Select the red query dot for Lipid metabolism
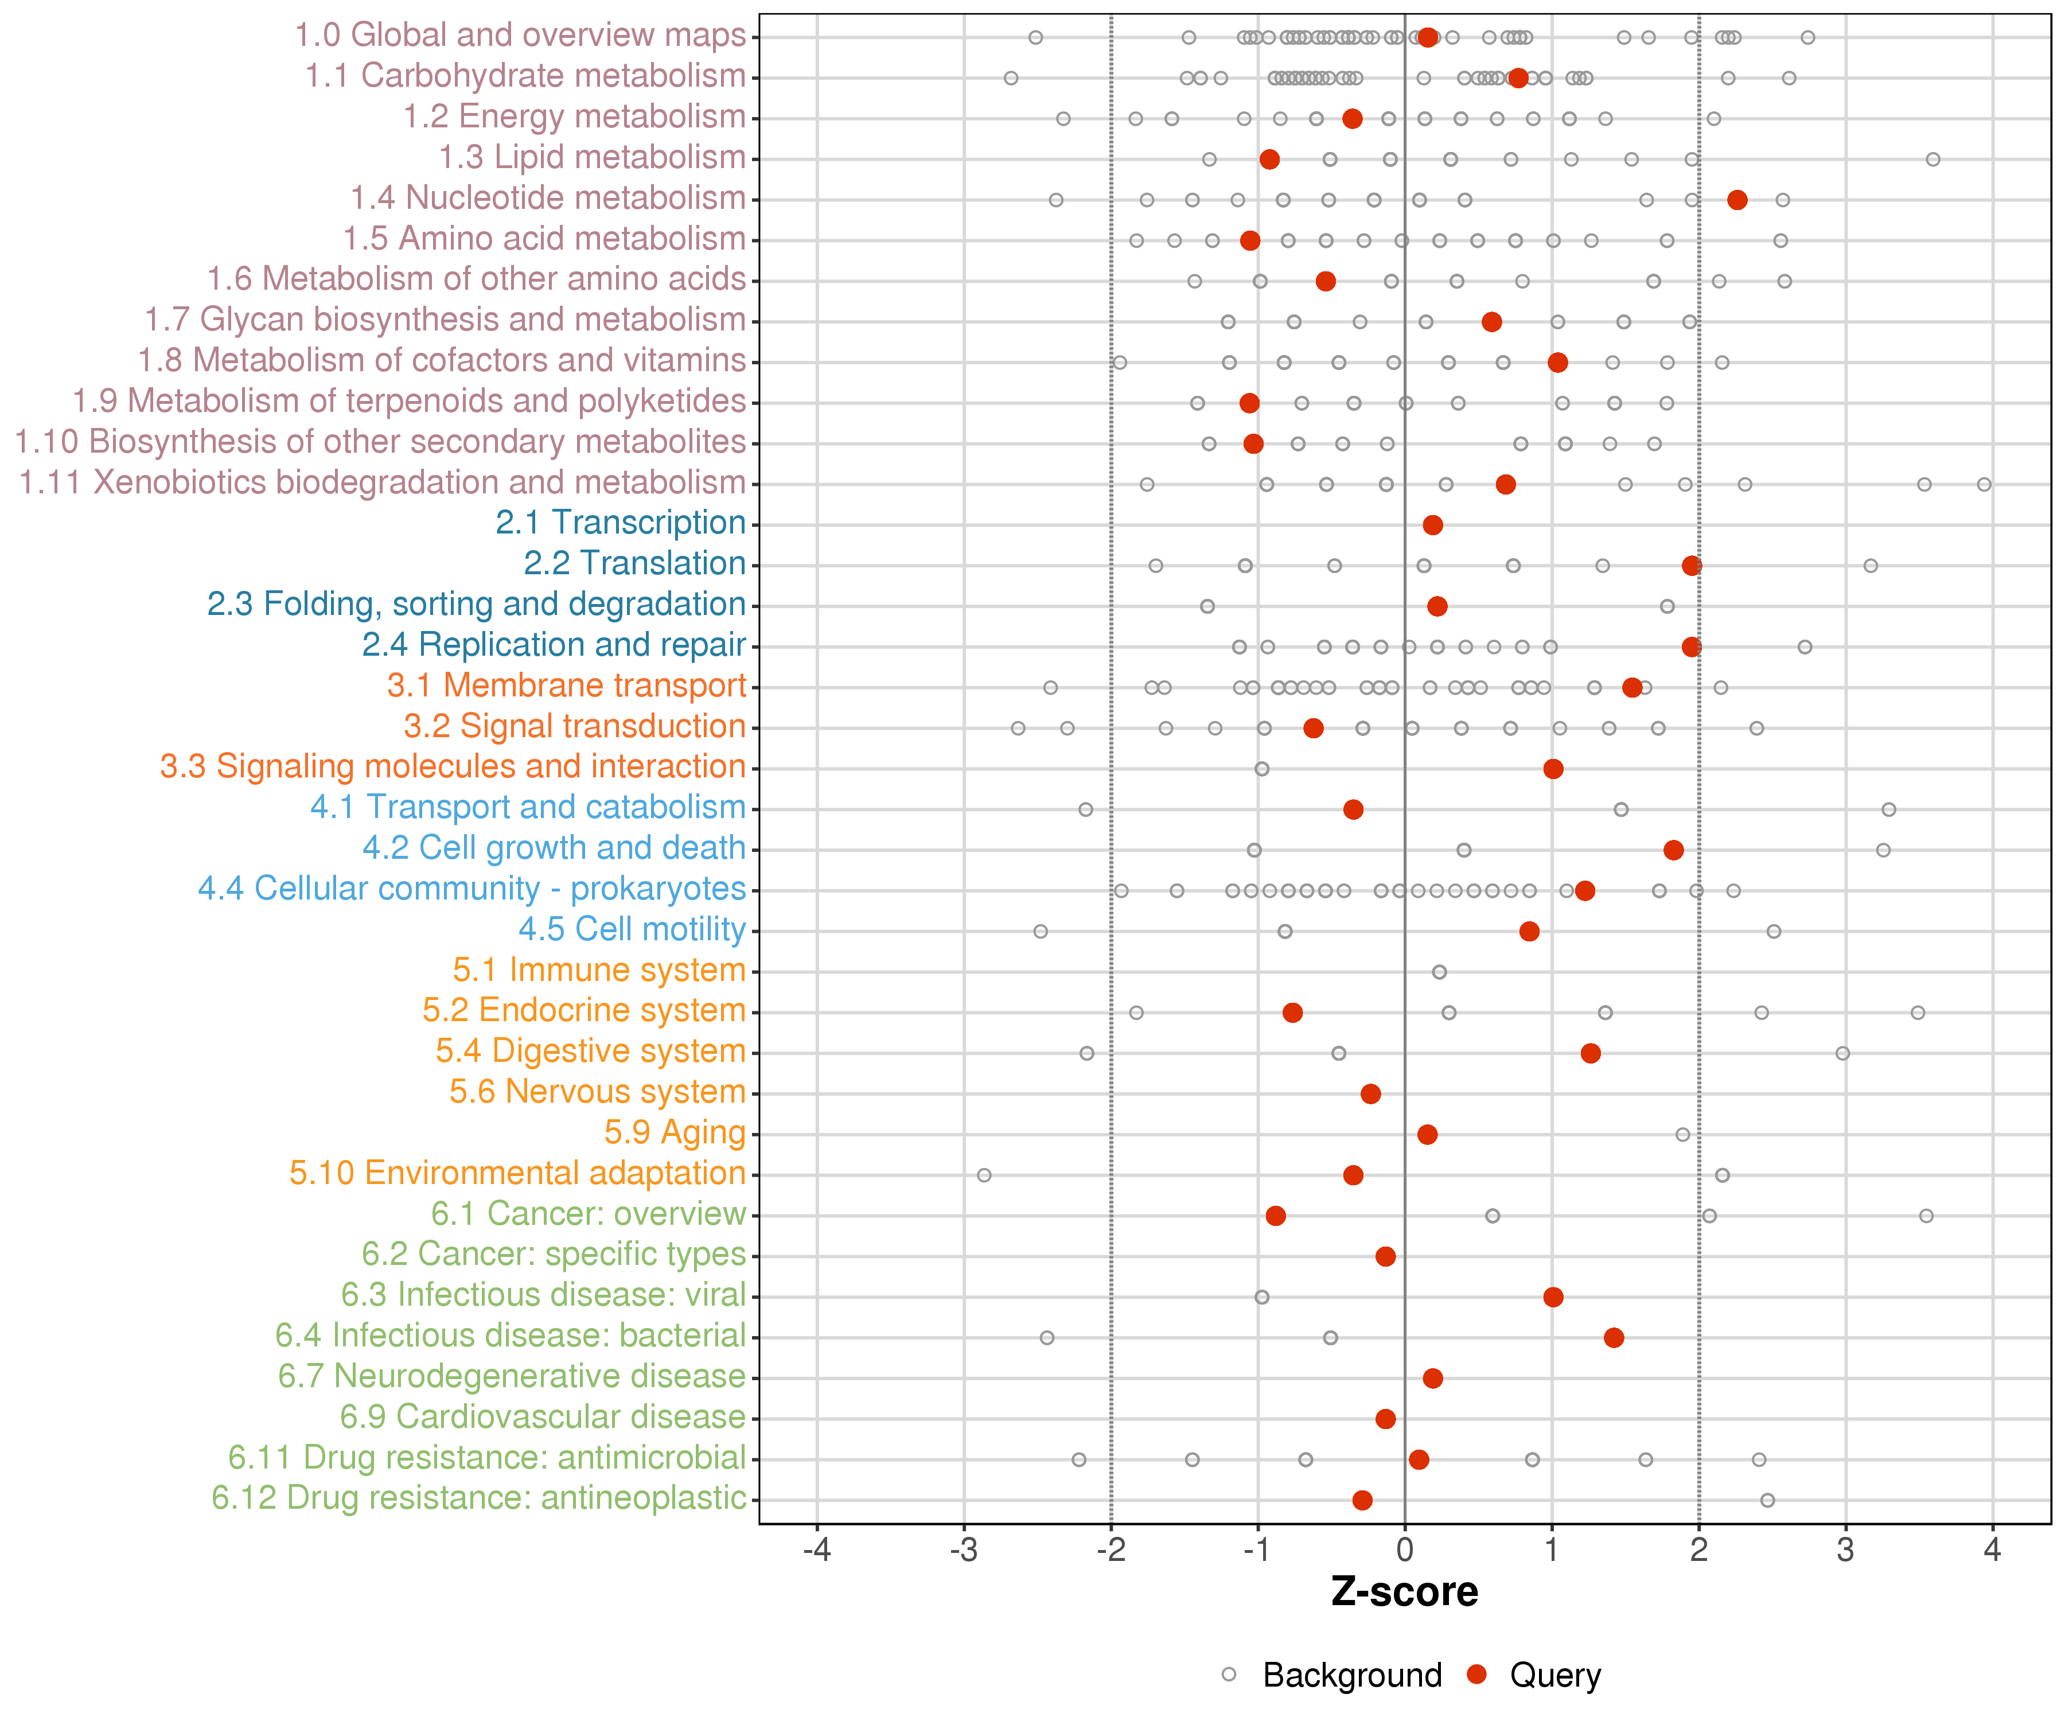pos(1269,159)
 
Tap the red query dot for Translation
pos(1692,566)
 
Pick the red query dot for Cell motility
pos(1529,931)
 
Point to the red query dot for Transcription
pos(1433,525)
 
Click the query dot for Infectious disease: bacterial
pos(1614,1337)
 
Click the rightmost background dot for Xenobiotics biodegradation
pos(1984,485)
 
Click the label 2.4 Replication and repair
pos(554,645)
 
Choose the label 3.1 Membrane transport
pos(566,686)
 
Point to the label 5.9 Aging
pos(675,1133)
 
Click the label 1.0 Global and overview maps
pos(520,36)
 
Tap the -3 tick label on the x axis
pos(964,1551)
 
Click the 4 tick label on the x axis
pos(1992,1551)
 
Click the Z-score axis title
pos(1404,1592)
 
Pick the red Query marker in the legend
pos(1476,1675)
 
